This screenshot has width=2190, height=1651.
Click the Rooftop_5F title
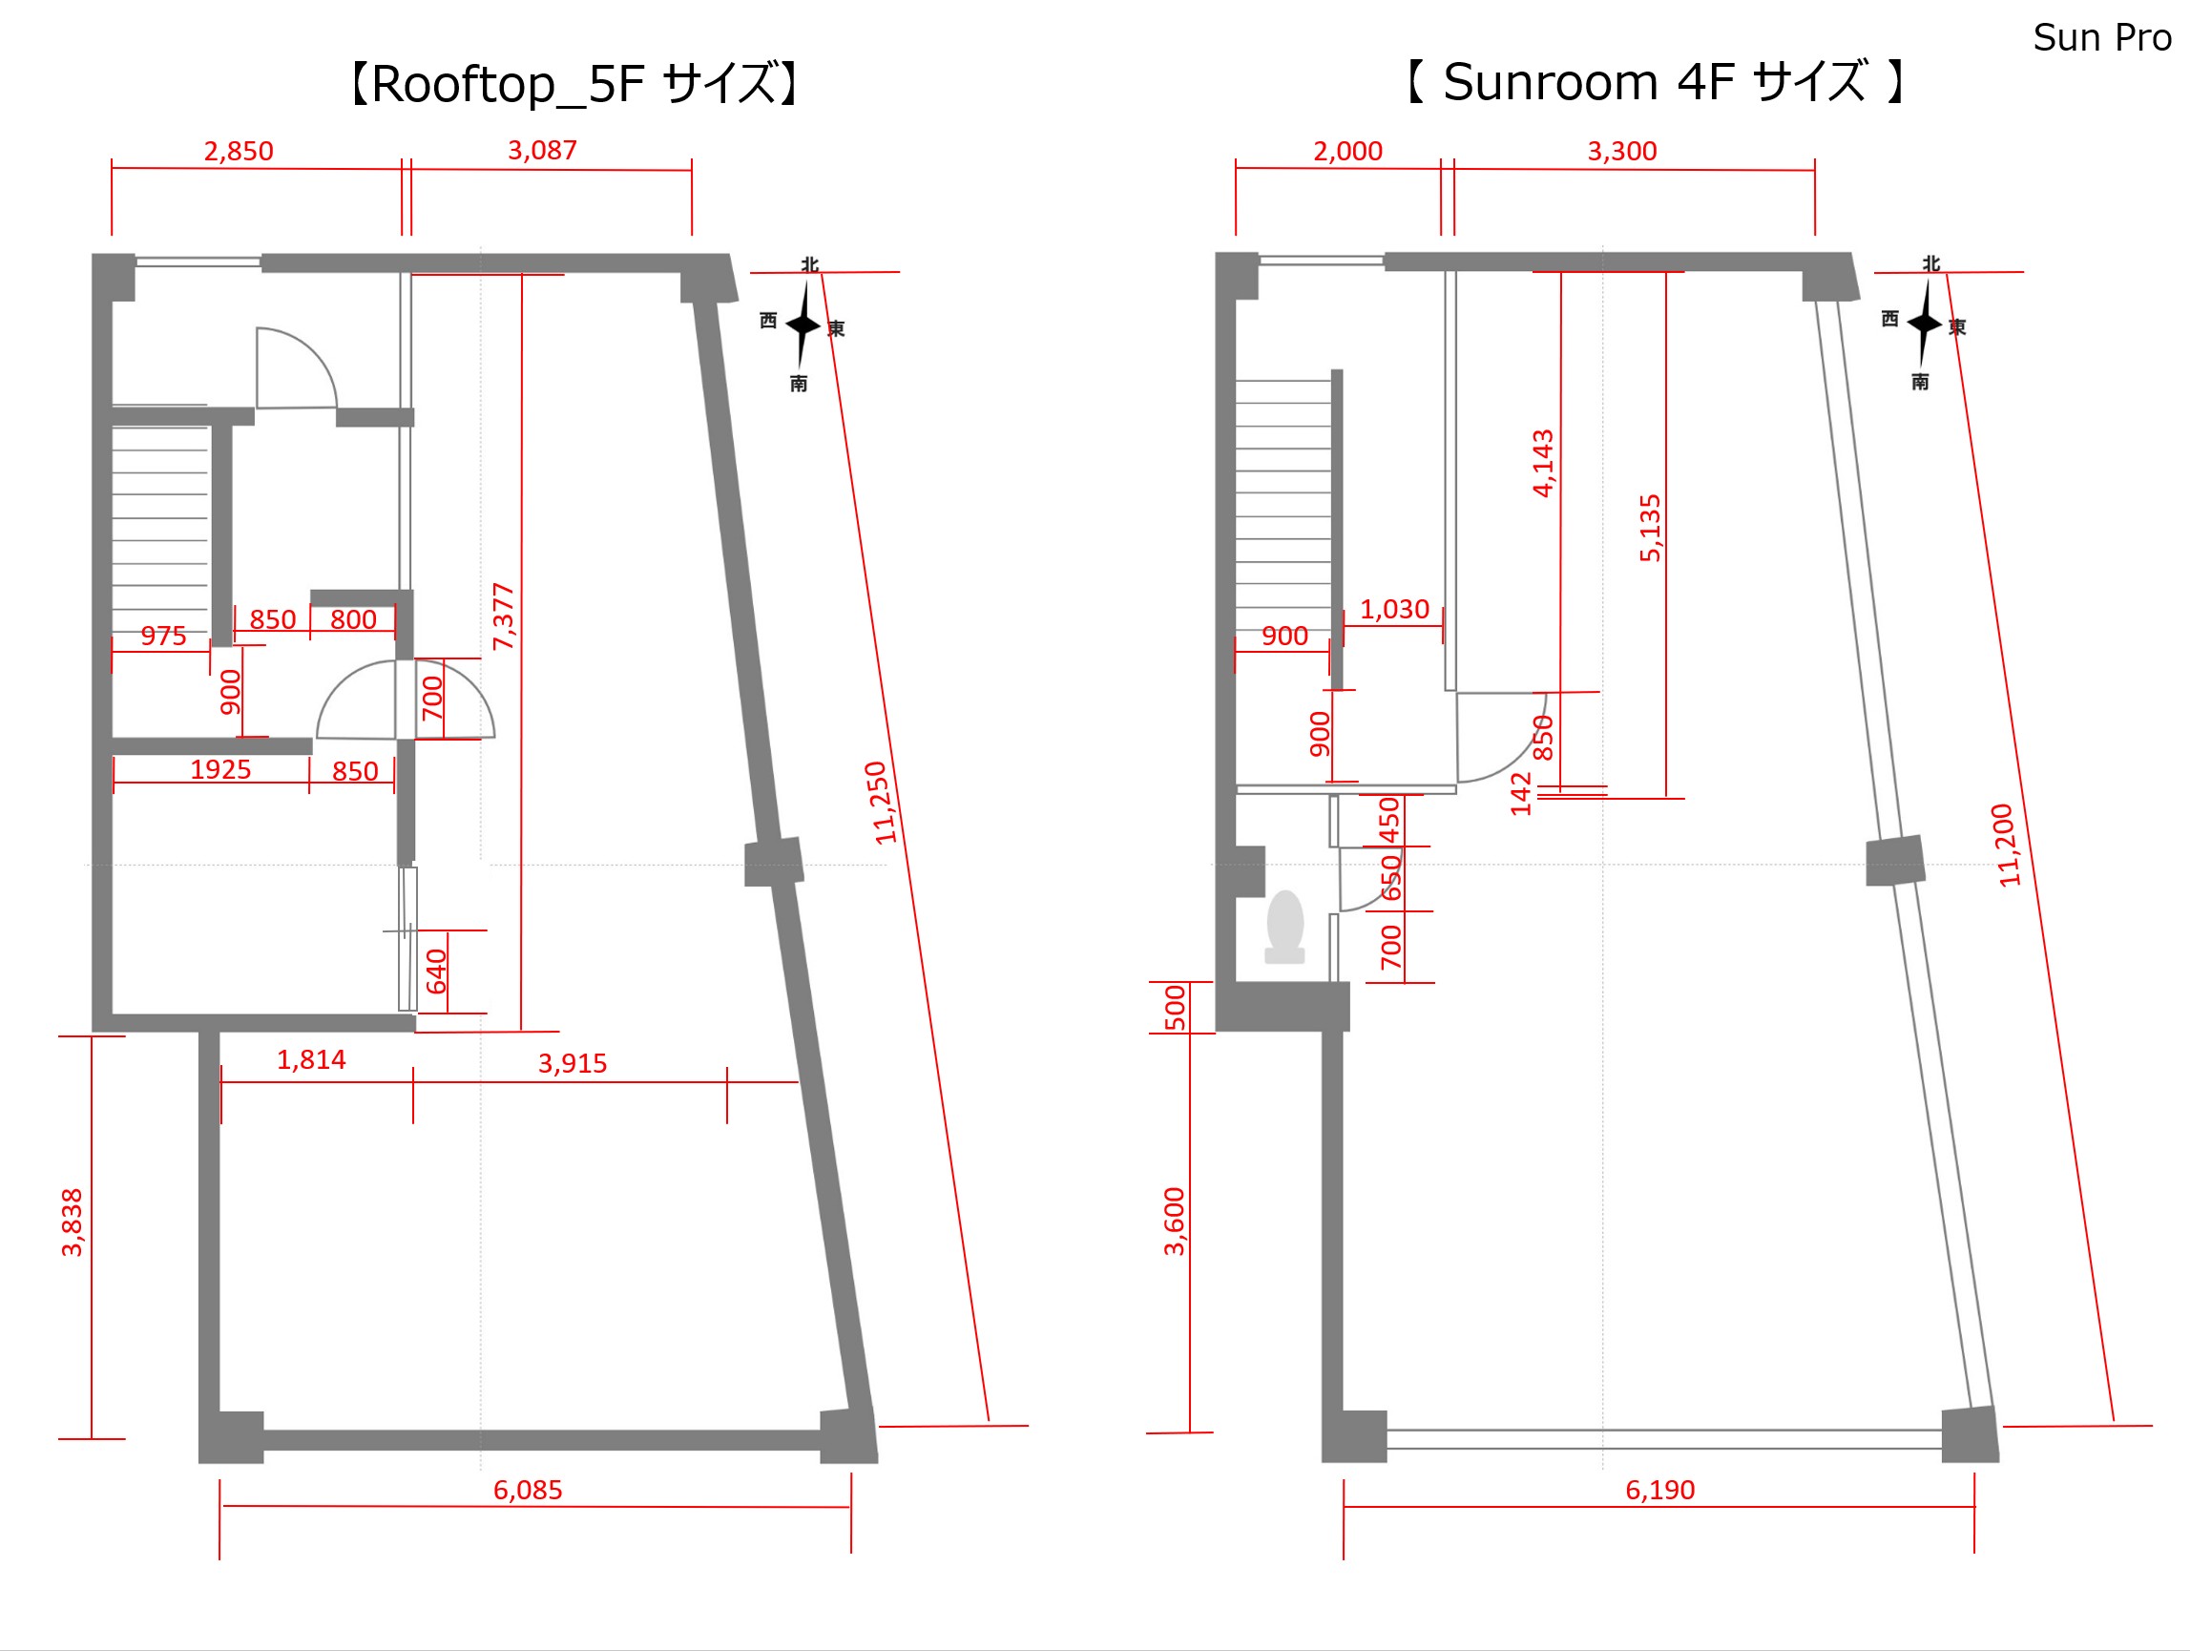(574, 83)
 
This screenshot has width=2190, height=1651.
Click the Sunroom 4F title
(1656, 81)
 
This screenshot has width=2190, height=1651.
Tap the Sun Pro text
(2102, 37)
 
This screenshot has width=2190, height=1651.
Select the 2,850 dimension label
(239, 152)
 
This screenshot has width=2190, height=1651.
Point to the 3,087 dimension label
(543, 151)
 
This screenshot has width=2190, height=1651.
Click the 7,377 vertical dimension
(504, 617)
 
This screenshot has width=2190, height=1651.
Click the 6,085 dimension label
(528, 1491)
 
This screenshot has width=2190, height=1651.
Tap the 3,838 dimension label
(73, 1223)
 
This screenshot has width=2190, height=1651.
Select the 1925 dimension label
(220, 769)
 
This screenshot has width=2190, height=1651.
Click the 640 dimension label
(437, 972)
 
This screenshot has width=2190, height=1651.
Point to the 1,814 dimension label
(312, 1060)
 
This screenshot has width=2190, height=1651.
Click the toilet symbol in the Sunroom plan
(1285, 927)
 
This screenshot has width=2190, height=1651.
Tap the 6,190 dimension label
(1660, 1491)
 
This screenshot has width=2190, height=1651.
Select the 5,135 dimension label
(1651, 528)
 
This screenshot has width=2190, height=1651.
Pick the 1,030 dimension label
(1395, 609)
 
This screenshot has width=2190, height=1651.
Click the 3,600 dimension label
(1175, 1222)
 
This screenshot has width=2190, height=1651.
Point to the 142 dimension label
(1522, 794)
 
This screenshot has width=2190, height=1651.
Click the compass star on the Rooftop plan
(802, 324)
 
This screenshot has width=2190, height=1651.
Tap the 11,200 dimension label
(2005, 845)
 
